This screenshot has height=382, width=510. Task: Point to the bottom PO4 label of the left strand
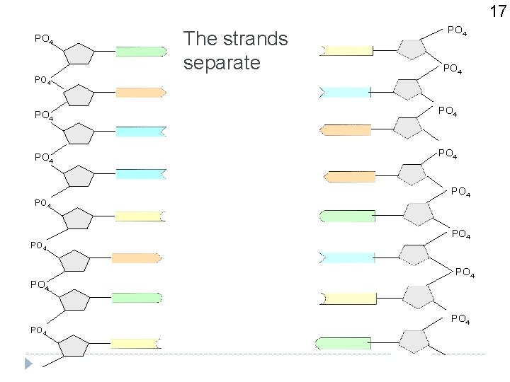coord(38,330)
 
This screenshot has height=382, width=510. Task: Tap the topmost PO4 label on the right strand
coord(457,30)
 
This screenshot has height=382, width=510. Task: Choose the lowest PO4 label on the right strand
coord(460,320)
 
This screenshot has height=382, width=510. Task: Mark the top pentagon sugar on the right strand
coord(412,49)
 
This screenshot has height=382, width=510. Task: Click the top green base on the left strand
coord(141,51)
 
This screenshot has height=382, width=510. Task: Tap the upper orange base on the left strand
coord(140,92)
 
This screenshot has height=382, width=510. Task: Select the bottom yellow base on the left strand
coord(135,344)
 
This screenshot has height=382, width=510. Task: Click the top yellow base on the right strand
coord(347,50)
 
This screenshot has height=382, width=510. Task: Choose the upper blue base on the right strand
coord(345,92)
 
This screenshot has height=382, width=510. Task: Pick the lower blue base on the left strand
coord(140,174)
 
